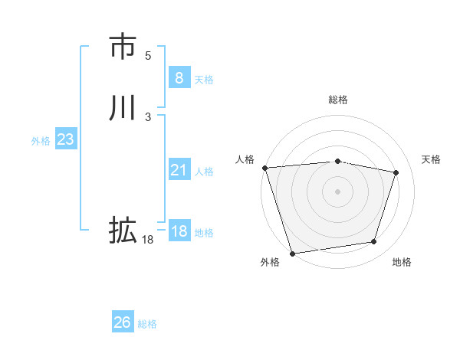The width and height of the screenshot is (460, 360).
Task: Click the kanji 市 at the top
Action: point(122,47)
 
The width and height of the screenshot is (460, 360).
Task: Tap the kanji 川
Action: point(122,108)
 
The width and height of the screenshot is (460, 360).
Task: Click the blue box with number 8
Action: point(179,77)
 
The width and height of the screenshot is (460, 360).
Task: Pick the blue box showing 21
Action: point(179,170)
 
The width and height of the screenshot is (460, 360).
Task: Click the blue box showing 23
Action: point(65,139)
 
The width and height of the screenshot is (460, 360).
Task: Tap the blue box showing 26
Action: point(122,322)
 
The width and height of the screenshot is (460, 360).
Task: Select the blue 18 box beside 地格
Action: point(179,231)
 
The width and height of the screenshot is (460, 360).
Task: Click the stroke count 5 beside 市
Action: point(148,56)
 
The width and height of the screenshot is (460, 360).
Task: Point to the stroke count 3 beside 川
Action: point(148,117)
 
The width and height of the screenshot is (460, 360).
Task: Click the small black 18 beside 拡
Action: point(147,240)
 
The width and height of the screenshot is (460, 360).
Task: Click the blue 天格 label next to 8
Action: point(204,79)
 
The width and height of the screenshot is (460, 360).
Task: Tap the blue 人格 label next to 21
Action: point(204,172)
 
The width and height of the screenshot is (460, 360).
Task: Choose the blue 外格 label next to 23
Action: point(41,141)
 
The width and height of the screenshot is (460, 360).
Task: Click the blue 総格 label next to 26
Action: point(147,324)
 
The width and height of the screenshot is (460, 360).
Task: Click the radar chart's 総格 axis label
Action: point(337,100)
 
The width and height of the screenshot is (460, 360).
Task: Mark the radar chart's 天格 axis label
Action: point(431,159)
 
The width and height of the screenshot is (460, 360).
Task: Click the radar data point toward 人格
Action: point(264,168)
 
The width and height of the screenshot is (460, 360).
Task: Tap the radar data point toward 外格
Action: point(292,252)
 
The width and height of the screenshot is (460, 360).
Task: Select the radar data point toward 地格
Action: point(374,242)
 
